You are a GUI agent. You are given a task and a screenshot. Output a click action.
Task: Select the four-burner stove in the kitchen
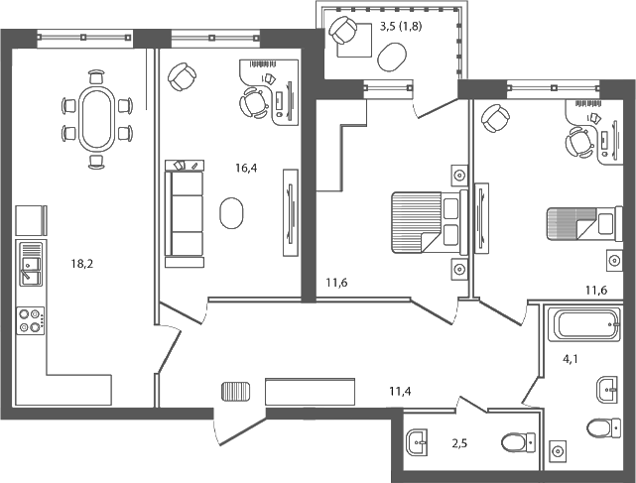30,319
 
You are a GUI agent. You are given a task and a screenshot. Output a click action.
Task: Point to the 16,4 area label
246,169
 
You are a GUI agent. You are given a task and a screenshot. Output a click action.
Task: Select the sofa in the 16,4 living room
185,213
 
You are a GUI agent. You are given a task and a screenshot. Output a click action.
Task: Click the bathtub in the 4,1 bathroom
585,324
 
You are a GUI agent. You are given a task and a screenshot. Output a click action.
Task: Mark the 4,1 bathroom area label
572,361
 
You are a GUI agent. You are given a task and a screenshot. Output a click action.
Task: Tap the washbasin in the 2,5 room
418,437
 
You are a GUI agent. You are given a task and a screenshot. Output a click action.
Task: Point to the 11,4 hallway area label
401,390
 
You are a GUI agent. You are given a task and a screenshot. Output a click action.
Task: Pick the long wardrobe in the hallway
311,392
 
